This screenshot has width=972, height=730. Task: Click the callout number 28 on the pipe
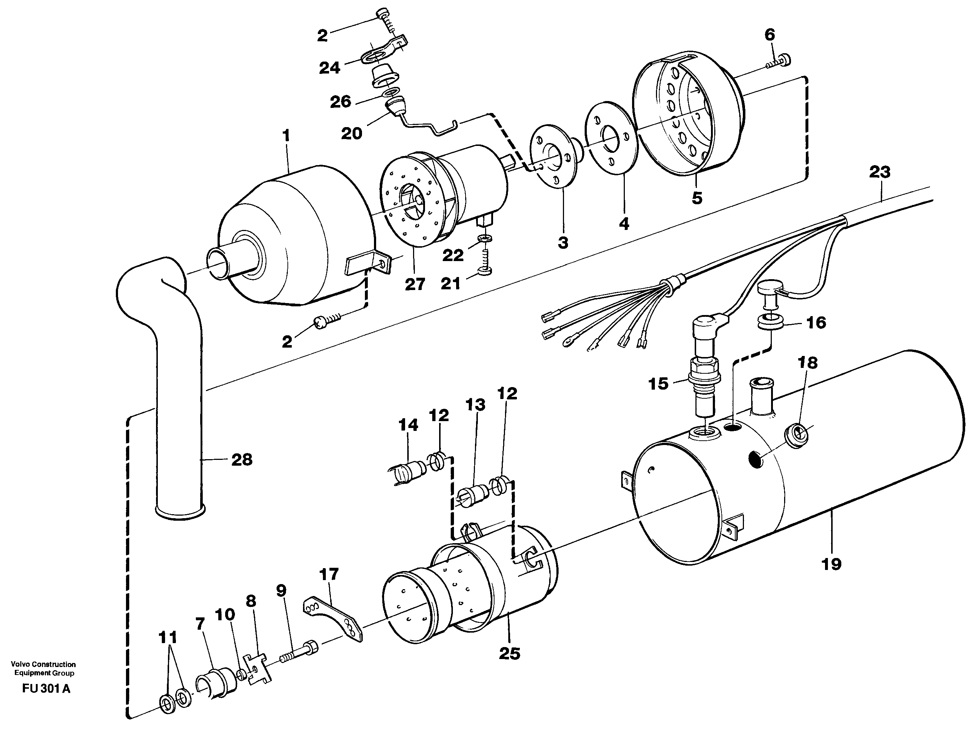coord(242,460)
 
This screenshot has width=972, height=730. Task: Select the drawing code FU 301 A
coord(46,689)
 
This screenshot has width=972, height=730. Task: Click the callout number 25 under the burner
coord(509,654)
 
